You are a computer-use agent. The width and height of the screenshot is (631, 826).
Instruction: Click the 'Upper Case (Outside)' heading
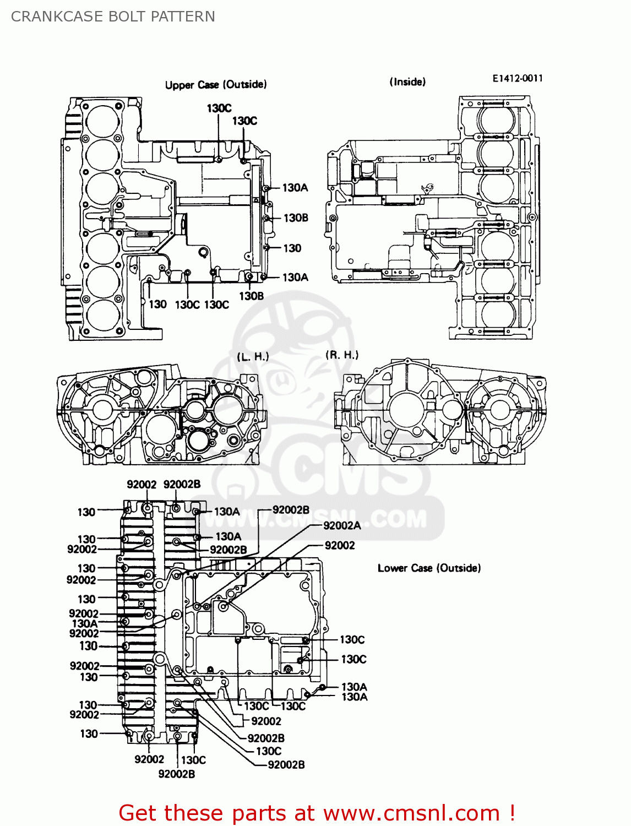tap(216, 85)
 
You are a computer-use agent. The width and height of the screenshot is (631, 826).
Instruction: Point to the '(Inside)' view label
tap(407, 82)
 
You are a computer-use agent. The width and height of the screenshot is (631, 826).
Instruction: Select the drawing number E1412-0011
tap(517, 78)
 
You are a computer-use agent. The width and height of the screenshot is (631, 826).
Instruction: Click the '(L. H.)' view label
tap(253, 357)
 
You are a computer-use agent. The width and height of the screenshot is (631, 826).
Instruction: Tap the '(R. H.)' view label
tap(342, 355)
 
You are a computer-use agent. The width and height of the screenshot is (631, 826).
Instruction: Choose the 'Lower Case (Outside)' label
tap(429, 568)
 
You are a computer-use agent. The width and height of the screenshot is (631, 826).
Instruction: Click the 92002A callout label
tap(342, 525)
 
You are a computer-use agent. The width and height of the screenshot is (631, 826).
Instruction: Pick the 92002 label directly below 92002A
tap(340, 545)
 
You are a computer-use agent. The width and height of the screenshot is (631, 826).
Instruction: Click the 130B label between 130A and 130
tap(296, 218)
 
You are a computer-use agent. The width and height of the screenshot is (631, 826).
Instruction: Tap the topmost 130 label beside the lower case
tap(86, 512)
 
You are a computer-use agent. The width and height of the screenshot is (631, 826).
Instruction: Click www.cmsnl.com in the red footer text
tap(411, 813)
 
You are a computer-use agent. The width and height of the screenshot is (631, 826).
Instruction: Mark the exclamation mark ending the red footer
tap(512, 813)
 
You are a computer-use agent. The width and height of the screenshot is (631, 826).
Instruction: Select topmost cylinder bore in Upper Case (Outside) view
tap(103, 122)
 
